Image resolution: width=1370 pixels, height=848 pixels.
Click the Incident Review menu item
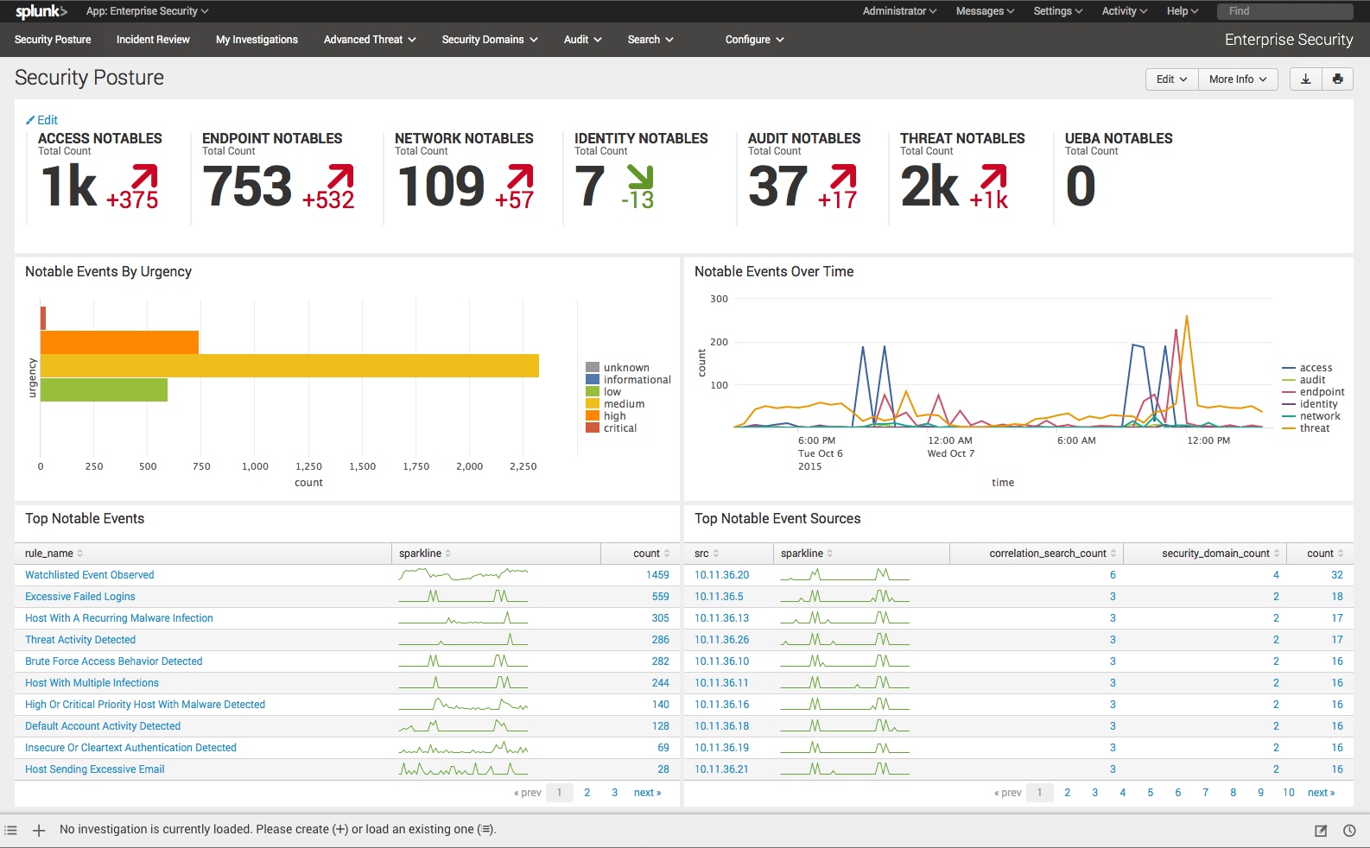(x=153, y=40)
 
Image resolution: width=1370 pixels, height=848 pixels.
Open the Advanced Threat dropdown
(x=370, y=40)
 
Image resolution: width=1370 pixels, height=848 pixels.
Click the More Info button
(x=1237, y=79)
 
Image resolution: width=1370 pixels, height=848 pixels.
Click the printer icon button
(x=1337, y=79)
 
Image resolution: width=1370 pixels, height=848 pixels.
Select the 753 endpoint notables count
(x=248, y=187)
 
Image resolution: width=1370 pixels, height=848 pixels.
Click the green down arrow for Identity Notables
(x=640, y=177)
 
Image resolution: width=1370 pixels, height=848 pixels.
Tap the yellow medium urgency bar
(x=289, y=365)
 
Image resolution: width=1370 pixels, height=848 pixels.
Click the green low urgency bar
(x=104, y=389)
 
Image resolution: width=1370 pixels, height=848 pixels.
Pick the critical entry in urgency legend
(x=619, y=428)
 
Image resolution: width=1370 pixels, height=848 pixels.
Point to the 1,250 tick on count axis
(x=308, y=466)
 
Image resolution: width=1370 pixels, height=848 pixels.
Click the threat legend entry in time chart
(x=1314, y=428)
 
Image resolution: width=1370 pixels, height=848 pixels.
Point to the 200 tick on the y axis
(x=719, y=342)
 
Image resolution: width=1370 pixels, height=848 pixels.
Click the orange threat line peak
(x=1187, y=318)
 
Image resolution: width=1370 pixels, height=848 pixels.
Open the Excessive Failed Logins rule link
(x=80, y=597)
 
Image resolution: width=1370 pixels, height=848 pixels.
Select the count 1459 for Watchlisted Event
(x=657, y=575)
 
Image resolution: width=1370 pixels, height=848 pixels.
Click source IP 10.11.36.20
(x=721, y=575)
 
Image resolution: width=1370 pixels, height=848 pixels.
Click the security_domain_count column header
(x=1215, y=554)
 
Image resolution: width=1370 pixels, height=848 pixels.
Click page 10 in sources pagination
(x=1288, y=793)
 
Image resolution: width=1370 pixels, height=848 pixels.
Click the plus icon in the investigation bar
(x=39, y=830)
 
